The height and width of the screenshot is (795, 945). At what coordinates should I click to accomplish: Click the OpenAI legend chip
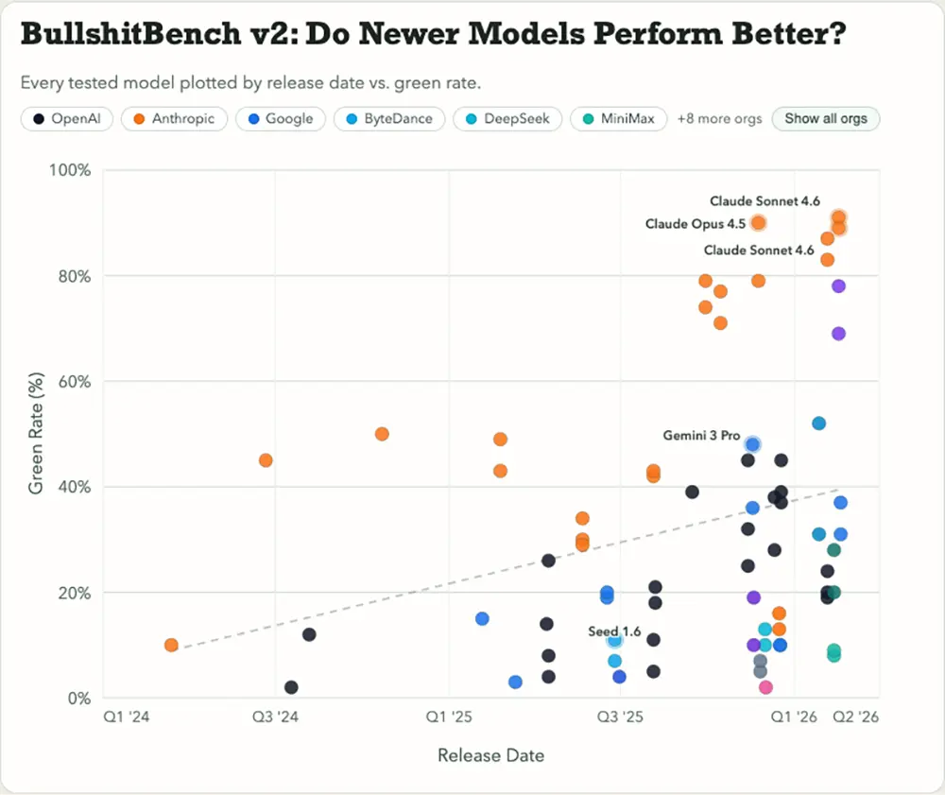(x=67, y=119)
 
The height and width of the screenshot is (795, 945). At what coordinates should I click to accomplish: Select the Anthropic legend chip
(x=175, y=119)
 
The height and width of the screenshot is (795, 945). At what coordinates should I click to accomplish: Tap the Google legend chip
(x=281, y=119)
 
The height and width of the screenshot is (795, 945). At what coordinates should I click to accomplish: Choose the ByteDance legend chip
(x=388, y=119)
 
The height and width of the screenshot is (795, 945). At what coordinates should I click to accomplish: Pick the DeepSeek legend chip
(x=508, y=119)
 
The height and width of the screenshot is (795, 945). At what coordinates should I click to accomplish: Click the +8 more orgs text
(x=719, y=119)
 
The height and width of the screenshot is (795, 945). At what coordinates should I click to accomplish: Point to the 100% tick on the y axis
(x=71, y=170)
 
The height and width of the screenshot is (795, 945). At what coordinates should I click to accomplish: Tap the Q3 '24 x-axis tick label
(x=274, y=717)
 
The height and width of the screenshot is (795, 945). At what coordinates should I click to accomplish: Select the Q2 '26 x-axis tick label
(x=856, y=717)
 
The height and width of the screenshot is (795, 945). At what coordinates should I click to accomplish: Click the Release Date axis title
(x=490, y=755)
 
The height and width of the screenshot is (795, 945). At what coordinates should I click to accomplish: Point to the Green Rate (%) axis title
(x=36, y=434)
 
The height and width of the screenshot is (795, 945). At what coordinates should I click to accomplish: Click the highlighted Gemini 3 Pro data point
(x=752, y=444)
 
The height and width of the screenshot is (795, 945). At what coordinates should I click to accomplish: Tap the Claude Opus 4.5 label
(x=696, y=224)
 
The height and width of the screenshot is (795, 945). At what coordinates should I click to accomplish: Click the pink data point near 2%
(x=765, y=687)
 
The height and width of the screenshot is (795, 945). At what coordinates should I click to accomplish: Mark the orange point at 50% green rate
(x=382, y=434)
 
